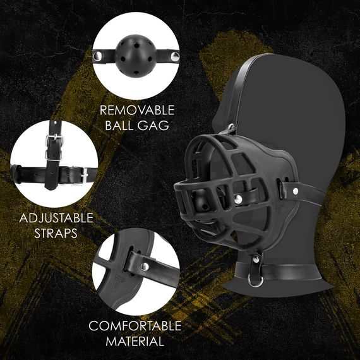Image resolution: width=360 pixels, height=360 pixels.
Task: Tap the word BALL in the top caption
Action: (119, 125)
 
